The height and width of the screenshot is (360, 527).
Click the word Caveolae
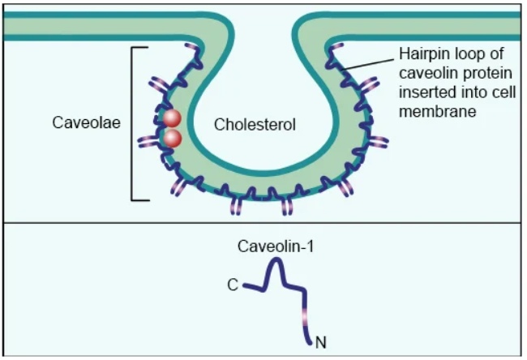[x=87, y=122]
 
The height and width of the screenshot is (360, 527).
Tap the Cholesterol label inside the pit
[x=255, y=125]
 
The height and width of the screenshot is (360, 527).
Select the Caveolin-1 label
[x=276, y=246]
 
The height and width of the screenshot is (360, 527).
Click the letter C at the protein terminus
[x=233, y=285]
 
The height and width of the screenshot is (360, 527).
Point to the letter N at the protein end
[x=321, y=342]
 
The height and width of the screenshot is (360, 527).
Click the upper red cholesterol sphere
[x=173, y=118]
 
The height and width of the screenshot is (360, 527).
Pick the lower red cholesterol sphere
[x=173, y=139]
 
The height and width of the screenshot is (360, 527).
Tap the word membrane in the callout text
[x=437, y=111]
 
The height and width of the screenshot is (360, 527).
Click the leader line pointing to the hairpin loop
[x=366, y=64]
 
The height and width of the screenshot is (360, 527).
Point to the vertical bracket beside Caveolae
[x=132, y=124]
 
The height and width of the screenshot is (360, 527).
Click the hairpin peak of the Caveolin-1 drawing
[x=276, y=259]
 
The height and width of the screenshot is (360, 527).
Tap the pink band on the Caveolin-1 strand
[x=305, y=317]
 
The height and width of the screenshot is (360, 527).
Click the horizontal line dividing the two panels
[x=262, y=222]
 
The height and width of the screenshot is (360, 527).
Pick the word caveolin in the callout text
[x=429, y=73]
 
